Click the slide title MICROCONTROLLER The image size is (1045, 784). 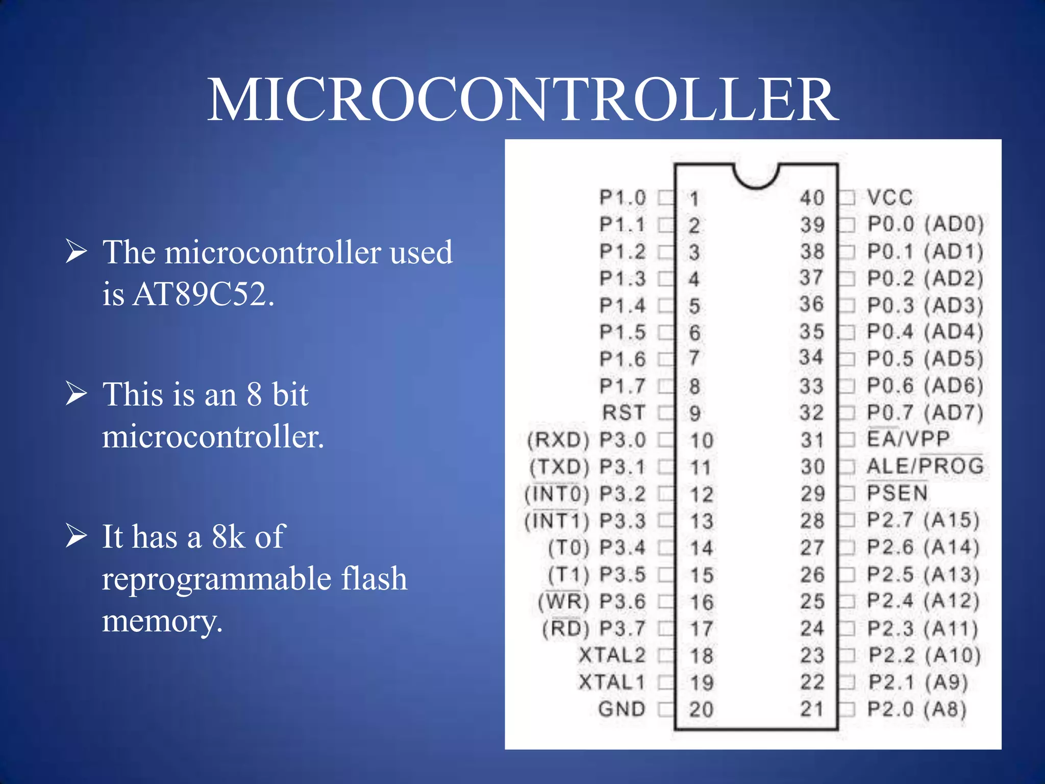pyautogui.click(x=522, y=100)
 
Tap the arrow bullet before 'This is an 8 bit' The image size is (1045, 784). pyautogui.click(x=77, y=394)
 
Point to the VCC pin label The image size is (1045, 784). pyautogui.click(x=890, y=198)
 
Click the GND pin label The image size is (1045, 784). pyautogui.click(x=621, y=709)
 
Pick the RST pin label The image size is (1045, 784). pyautogui.click(x=624, y=412)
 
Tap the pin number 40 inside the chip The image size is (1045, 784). pyautogui.click(x=812, y=198)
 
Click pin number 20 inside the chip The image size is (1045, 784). pyautogui.click(x=701, y=709)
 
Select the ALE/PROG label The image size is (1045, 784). pyautogui.click(x=925, y=466)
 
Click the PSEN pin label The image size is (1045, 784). pyautogui.click(x=897, y=493)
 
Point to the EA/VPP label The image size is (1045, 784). pyautogui.click(x=908, y=439)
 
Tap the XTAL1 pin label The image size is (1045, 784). pyautogui.click(x=612, y=682)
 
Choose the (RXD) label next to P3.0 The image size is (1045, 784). pyautogui.click(x=558, y=440)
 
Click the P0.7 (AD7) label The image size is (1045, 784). pyautogui.click(x=925, y=412)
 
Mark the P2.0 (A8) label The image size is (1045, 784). pyautogui.click(x=917, y=709)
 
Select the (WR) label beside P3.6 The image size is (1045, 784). pyautogui.click(x=563, y=602)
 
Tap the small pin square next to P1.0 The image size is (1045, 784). pyautogui.click(x=665, y=198)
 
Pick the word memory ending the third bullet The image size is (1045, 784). pyautogui.click(x=162, y=622)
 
